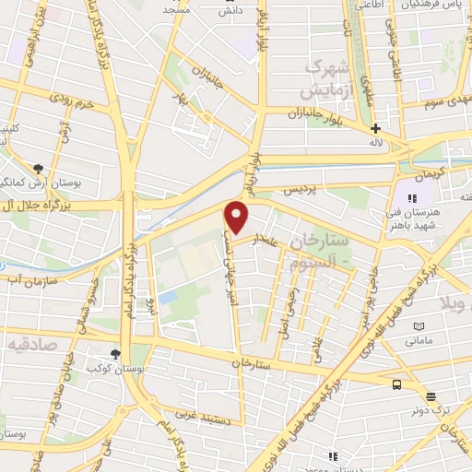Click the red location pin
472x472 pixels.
237,217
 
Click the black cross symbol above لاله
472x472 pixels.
375,129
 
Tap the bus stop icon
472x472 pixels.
396,385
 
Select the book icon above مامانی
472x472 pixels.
419,326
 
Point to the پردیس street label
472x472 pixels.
298,189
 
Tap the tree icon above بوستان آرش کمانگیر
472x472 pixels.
38,168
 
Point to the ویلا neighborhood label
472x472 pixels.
455,303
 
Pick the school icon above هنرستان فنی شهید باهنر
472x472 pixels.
414,197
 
